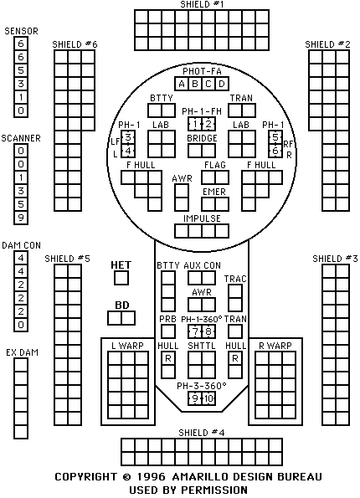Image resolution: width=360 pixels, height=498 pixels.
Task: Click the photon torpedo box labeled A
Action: (182, 84)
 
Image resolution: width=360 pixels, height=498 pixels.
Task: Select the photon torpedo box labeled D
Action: (222, 84)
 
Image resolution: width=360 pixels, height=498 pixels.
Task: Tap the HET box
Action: (121, 278)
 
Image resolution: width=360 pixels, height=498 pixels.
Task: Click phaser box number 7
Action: (195, 331)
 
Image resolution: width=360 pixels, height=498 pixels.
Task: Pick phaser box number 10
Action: (208, 398)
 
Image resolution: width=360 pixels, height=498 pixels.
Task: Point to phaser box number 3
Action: (128, 137)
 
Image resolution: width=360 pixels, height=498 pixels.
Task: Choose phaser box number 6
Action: (275, 151)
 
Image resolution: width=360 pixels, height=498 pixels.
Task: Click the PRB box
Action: (168, 331)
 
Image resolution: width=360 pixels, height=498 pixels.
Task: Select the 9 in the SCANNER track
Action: (21, 218)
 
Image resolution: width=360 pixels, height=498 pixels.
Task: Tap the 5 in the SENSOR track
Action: (21, 70)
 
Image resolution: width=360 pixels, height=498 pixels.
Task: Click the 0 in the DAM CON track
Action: (21, 325)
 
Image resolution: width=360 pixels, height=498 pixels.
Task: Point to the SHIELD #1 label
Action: (202, 4)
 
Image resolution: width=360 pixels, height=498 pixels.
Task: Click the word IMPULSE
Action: (202, 218)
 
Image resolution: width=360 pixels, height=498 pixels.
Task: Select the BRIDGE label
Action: (202, 138)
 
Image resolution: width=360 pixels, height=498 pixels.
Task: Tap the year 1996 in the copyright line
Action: (152, 477)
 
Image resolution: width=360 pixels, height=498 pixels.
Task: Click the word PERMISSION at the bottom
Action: (214, 490)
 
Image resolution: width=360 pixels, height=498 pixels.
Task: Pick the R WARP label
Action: (275, 346)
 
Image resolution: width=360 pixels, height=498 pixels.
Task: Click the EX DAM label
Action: (22, 352)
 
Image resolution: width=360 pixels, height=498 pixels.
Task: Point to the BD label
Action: (122, 305)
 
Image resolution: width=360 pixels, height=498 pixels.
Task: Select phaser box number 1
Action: (195, 124)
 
